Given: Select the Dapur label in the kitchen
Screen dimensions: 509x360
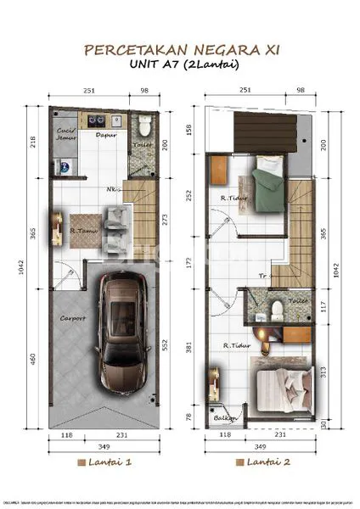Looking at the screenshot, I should pos(106,134).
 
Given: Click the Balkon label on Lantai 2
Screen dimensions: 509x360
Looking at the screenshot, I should pos(223,417).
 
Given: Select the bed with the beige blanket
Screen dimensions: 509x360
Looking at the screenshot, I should pos(284,386).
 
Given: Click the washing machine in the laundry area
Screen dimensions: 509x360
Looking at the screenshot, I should pos(61,166).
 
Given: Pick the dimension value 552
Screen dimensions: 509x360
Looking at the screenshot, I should pos(166,345).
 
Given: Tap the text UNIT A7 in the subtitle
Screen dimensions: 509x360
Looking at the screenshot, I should pos(151,65).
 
